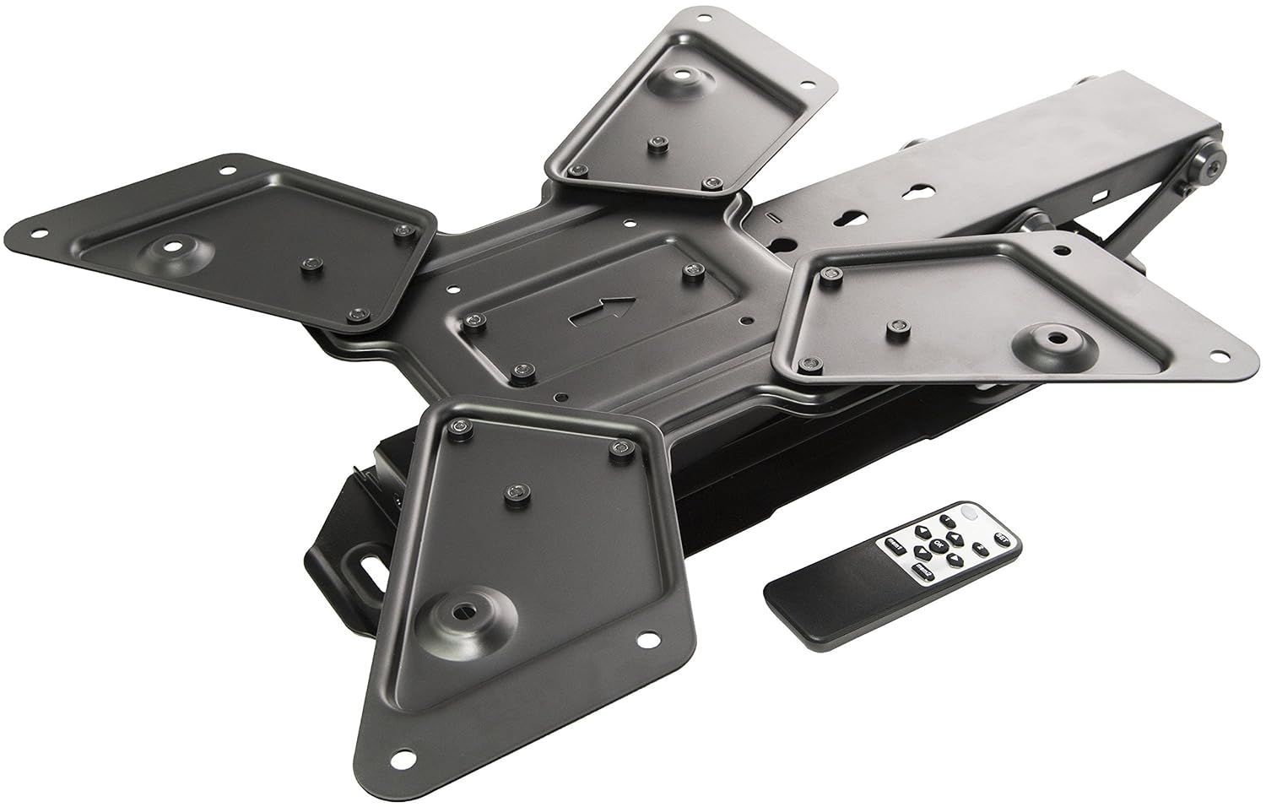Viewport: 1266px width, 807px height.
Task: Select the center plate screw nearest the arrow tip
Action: pyautogui.click(x=695, y=272)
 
